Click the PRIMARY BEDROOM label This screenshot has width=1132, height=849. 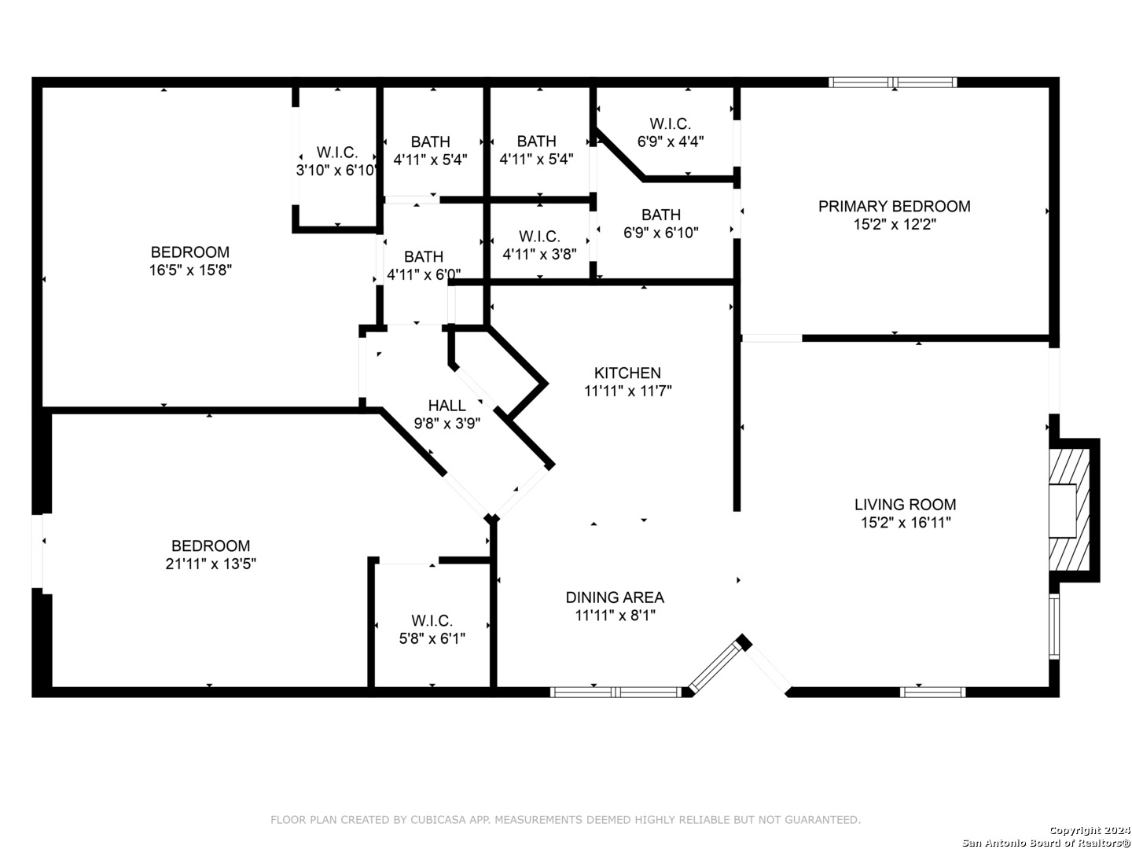[894, 206]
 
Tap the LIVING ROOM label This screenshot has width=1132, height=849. [905, 504]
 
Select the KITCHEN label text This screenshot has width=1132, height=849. [627, 373]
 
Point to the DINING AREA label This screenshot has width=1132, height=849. [615, 597]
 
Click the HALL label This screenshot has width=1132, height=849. [447, 405]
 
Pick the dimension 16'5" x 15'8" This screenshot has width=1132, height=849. [190, 270]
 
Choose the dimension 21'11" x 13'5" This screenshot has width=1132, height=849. [211, 564]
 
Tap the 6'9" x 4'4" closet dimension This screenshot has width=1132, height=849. [671, 141]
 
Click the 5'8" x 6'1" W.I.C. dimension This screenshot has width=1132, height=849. [432, 638]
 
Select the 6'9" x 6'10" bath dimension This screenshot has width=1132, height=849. [660, 233]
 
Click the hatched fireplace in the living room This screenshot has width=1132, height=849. [1069, 510]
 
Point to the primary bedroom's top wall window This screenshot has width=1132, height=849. [893, 83]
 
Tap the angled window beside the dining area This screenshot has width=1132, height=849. [715, 666]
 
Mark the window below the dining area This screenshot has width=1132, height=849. [616, 692]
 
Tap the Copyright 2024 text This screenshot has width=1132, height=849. [1090, 830]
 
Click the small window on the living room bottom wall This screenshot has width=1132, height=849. [932, 692]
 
